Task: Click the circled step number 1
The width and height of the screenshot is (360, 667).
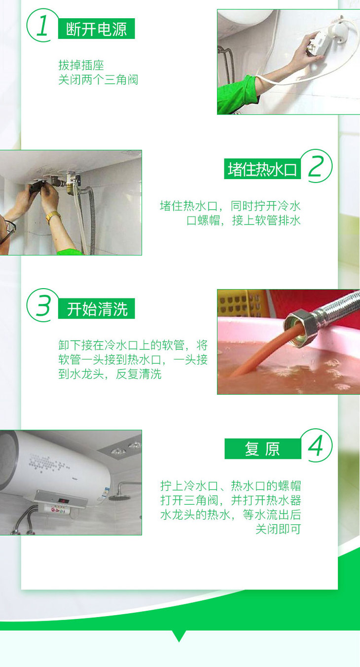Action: (42, 25)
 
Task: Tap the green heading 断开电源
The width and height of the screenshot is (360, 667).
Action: (96, 29)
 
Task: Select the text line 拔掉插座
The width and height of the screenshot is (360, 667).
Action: (81, 65)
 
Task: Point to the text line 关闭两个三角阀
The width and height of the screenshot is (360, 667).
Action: (98, 79)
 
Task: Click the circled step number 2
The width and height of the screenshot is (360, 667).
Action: (316, 166)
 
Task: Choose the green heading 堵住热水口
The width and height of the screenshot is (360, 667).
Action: (262, 169)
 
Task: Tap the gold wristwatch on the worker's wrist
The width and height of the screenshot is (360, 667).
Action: (52, 216)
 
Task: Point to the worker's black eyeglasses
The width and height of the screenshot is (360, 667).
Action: (8, 229)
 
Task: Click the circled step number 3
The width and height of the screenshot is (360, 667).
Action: (42, 305)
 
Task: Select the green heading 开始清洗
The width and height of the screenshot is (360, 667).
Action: (97, 308)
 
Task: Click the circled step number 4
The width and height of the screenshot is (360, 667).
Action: (316, 445)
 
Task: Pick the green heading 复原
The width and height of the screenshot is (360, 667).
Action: (263, 448)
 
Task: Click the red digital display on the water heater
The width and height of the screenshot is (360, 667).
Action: (64, 501)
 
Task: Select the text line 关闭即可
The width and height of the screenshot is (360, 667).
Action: (278, 529)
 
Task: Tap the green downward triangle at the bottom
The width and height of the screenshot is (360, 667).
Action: (179, 635)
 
